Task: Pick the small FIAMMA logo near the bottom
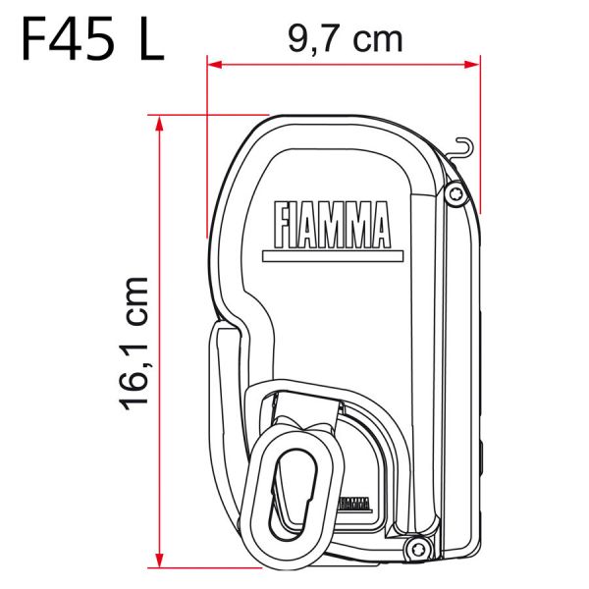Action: click(352, 505)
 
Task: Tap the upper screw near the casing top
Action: click(454, 195)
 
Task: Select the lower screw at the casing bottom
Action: click(416, 547)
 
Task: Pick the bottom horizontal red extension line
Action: click(206, 567)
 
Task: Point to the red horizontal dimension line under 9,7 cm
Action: click(344, 66)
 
